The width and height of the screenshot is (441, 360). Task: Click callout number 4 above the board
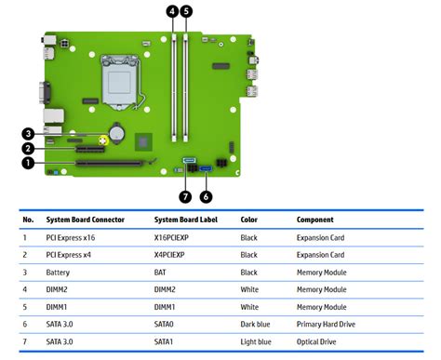[171, 12]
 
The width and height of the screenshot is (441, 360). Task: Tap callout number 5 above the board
[187, 12]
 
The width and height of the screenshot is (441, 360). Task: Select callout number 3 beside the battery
[29, 133]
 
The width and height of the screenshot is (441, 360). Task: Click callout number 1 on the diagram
[29, 163]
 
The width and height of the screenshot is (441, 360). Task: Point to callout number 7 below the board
[185, 195]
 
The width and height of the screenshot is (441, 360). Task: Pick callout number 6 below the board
[207, 195]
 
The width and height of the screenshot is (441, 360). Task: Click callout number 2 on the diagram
[29, 148]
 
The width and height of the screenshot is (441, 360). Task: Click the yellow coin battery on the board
[116, 133]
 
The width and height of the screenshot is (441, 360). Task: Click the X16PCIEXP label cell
[174, 237]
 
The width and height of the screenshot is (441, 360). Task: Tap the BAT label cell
[161, 272]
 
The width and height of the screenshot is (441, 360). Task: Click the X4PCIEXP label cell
[172, 254]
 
